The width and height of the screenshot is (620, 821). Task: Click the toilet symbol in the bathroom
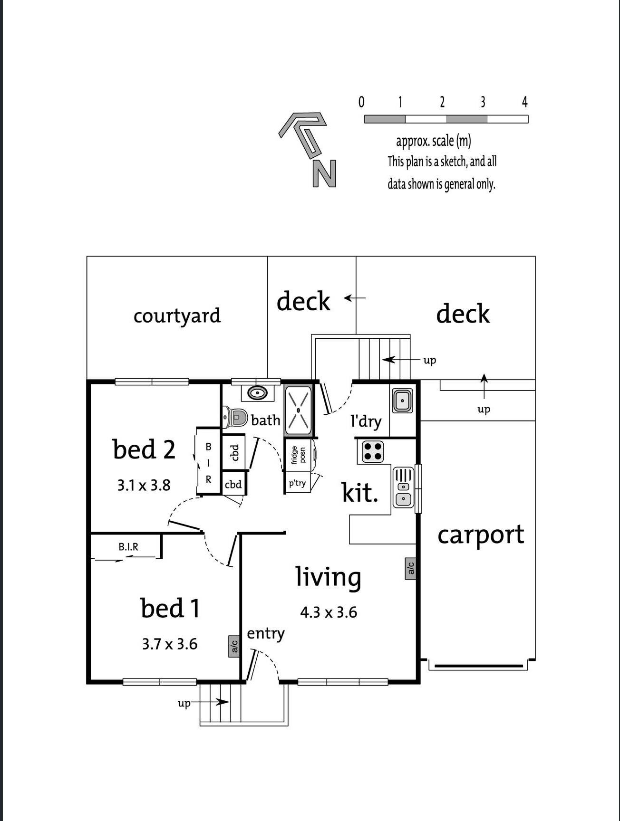click(x=236, y=418)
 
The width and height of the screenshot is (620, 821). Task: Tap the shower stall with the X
click(x=298, y=410)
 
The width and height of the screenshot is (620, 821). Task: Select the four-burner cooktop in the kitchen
click(x=372, y=452)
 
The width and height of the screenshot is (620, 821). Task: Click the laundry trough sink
click(x=402, y=401)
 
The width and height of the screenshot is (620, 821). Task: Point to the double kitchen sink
click(x=403, y=487)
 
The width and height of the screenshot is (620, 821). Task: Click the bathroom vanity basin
click(x=257, y=393)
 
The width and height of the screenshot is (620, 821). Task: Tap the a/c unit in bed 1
click(x=234, y=646)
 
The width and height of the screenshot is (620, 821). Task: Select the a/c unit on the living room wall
click(x=411, y=568)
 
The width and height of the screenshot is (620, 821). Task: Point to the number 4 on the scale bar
click(x=524, y=102)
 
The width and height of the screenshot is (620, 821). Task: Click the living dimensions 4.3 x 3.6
click(x=329, y=612)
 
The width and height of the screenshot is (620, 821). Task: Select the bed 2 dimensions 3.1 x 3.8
click(x=144, y=486)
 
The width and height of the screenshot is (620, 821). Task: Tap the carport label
click(x=480, y=535)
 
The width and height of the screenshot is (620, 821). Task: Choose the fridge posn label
click(x=298, y=455)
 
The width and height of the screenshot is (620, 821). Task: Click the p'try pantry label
click(x=297, y=483)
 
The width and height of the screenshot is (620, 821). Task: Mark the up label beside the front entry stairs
click(x=184, y=703)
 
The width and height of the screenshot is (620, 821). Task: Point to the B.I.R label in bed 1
click(x=128, y=547)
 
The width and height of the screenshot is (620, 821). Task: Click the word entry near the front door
click(x=265, y=634)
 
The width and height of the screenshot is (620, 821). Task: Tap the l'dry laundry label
click(x=366, y=421)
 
